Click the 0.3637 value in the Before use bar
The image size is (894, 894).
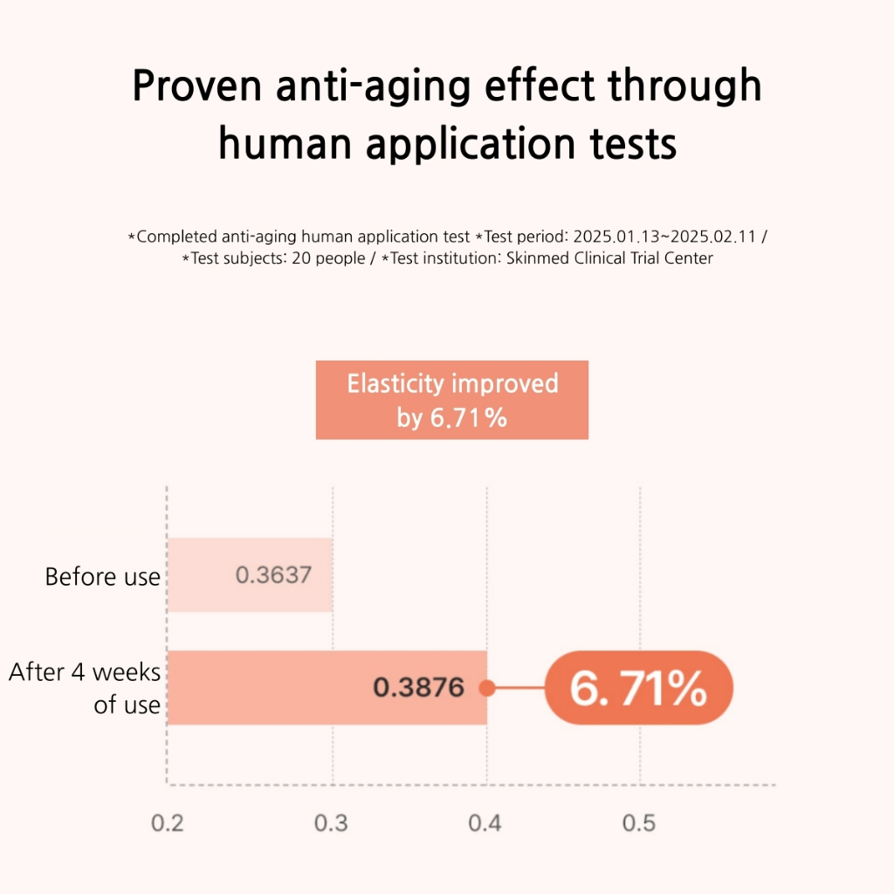[x=273, y=575]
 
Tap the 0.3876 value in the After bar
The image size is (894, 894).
[x=419, y=688]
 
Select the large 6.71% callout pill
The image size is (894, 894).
[x=638, y=689]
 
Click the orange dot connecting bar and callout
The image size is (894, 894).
[x=487, y=688]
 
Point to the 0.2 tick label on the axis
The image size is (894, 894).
[x=168, y=823]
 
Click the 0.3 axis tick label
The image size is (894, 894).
[x=332, y=823]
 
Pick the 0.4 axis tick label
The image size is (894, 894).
[x=486, y=823]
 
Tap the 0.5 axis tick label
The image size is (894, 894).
[x=639, y=823]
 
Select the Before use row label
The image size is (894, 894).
[x=102, y=577]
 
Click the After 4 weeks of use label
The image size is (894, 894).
[x=86, y=688]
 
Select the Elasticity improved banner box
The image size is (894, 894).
[x=451, y=400]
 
